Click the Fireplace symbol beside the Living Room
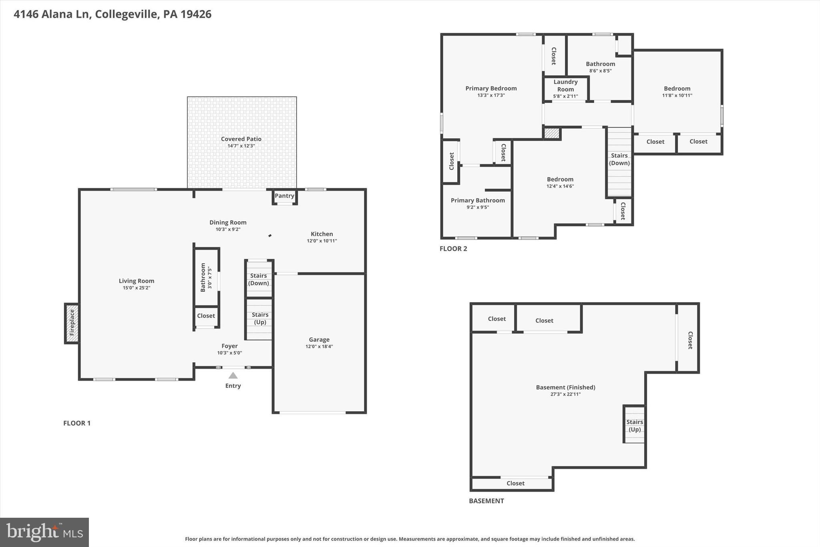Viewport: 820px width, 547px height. point(72,323)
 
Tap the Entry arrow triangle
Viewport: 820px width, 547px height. point(233,375)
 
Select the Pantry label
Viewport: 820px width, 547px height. point(284,196)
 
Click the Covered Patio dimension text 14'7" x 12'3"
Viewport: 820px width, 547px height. point(241,146)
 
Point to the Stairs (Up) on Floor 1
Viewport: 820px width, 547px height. point(260,319)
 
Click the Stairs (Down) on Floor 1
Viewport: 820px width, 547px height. point(259,279)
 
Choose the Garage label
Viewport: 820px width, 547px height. point(319,339)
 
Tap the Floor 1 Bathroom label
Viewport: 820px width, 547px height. point(203,277)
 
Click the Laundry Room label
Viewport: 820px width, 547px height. point(565,85)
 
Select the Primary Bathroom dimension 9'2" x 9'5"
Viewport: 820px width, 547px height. point(478,207)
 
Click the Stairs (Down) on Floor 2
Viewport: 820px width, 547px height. point(619,159)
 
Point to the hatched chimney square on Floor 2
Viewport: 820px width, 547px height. point(552,133)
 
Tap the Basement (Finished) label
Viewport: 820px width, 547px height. point(565,387)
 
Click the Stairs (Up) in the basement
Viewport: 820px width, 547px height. point(635,425)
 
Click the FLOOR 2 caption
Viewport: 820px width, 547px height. point(453,248)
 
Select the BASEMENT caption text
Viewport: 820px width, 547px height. point(486,501)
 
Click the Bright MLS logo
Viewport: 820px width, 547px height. point(44,532)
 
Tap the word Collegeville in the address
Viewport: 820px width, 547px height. point(126,14)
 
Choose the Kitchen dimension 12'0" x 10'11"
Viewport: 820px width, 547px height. point(322,241)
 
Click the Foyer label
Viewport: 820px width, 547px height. point(229,346)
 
